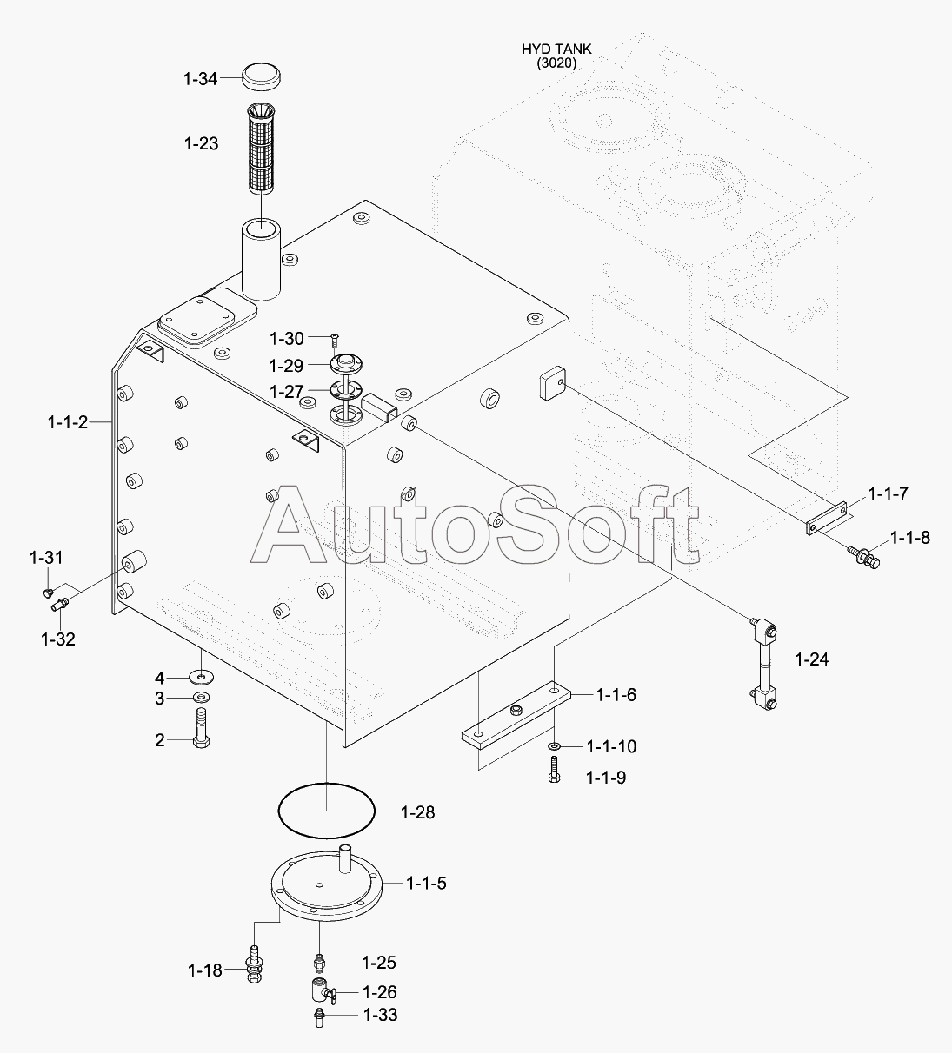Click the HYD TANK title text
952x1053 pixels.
point(556,50)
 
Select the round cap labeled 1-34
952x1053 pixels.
point(261,77)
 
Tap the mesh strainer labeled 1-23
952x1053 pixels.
point(261,148)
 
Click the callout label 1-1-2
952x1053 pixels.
point(68,422)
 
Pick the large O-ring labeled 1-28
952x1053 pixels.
point(326,811)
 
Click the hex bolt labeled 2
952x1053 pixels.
point(201,727)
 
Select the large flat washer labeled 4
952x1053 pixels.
point(201,678)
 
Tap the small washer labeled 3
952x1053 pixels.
point(201,698)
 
